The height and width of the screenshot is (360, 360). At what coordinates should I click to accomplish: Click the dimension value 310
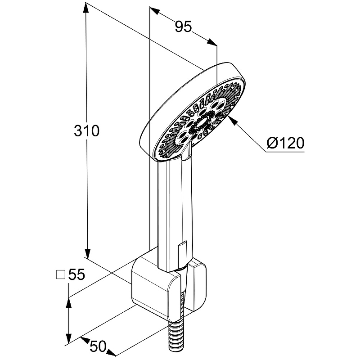(x=86, y=131)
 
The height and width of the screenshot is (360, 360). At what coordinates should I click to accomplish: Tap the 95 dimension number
(x=183, y=27)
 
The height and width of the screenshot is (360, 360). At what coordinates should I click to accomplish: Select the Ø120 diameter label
(x=285, y=143)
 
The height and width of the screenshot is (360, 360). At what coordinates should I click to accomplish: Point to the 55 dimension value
(x=76, y=274)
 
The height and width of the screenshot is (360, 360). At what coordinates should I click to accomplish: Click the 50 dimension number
(x=98, y=346)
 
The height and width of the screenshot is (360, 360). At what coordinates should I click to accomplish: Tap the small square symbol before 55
(x=60, y=274)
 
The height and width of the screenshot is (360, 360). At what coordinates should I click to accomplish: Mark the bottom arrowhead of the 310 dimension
(x=87, y=253)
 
